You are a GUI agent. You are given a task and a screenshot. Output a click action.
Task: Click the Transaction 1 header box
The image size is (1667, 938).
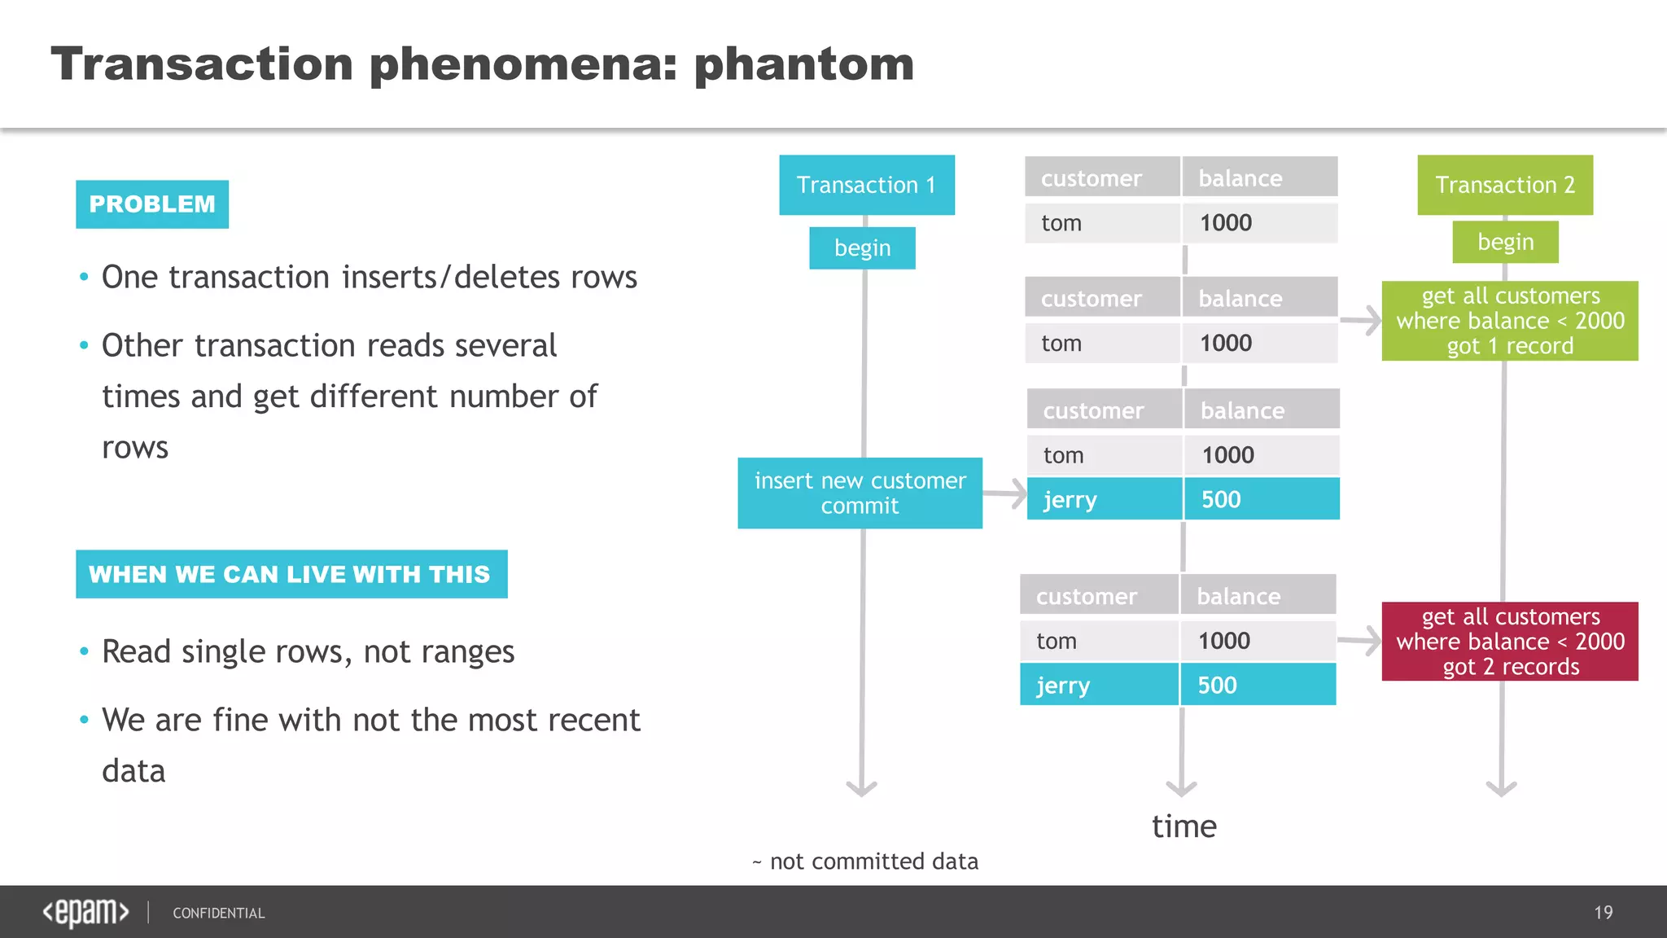(x=866, y=185)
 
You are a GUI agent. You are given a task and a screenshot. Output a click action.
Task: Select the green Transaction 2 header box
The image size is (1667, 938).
(x=1504, y=185)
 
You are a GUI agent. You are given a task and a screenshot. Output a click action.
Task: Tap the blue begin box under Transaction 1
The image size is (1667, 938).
(x=862, y=248)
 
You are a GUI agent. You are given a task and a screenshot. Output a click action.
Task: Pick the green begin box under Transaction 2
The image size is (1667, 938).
(x=1505, y=242)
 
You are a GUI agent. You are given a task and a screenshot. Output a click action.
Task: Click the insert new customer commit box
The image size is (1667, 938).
(x=860, y=493)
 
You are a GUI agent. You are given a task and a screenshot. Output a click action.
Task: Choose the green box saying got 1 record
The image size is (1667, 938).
(x=1509, y=321)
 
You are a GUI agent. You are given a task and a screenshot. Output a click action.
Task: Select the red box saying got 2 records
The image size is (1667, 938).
(x=1509, y=642)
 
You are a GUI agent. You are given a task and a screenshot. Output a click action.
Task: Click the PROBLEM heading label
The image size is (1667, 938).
(x=152, y=204)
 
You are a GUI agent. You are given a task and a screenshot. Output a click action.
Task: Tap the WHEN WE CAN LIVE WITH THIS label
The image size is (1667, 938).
(x=291, y=574)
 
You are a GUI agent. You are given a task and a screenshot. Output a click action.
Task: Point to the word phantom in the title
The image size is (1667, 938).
(x=803, y=64)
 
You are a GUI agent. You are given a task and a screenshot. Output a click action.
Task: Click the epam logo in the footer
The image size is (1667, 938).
(x=85, y=912)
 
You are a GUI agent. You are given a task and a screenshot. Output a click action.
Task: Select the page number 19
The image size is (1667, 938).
(x=1603, y=912)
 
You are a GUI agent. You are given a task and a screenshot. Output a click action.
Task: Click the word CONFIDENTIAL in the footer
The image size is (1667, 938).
(x=218, y=913)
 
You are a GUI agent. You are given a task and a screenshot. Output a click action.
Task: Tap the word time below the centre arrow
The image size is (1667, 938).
(x=1184, y=826)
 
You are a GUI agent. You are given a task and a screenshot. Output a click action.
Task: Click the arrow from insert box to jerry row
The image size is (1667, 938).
(x=1004, y=493)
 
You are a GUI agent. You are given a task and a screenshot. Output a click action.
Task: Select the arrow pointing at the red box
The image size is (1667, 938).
(x=1359, y=641)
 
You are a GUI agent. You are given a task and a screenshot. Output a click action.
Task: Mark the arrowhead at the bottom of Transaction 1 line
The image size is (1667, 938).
(x=861, y=787)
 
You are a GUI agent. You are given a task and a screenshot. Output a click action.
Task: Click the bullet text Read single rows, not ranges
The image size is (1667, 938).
(x=308, y=651)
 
